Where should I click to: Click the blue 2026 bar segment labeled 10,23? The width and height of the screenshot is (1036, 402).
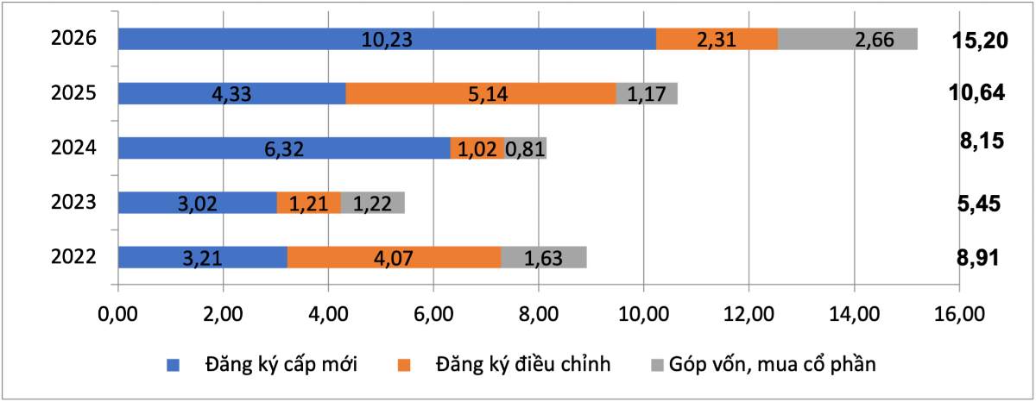click(x=387, y=40)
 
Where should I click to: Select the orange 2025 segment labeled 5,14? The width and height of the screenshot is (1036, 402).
click(x=481, y=94)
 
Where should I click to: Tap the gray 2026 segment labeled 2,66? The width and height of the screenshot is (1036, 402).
click(x=847, y=40)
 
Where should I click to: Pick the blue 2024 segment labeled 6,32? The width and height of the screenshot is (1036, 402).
click(x=284, y=148)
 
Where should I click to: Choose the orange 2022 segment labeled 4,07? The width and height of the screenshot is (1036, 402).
click(x=394, y=257)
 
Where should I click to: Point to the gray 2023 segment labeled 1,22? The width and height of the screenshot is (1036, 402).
click(x=373, y=203)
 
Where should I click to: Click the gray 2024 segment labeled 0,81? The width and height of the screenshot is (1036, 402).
click(x=525, y=148)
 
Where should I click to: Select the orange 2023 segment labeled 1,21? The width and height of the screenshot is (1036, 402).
click(x=309, y=203)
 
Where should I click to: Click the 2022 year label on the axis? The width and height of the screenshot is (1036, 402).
click(x=73, y=257)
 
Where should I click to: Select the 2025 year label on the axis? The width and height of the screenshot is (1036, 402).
click(x=73, y=94)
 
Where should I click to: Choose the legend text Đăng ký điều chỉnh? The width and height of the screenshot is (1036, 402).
click(x=524, y=364)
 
